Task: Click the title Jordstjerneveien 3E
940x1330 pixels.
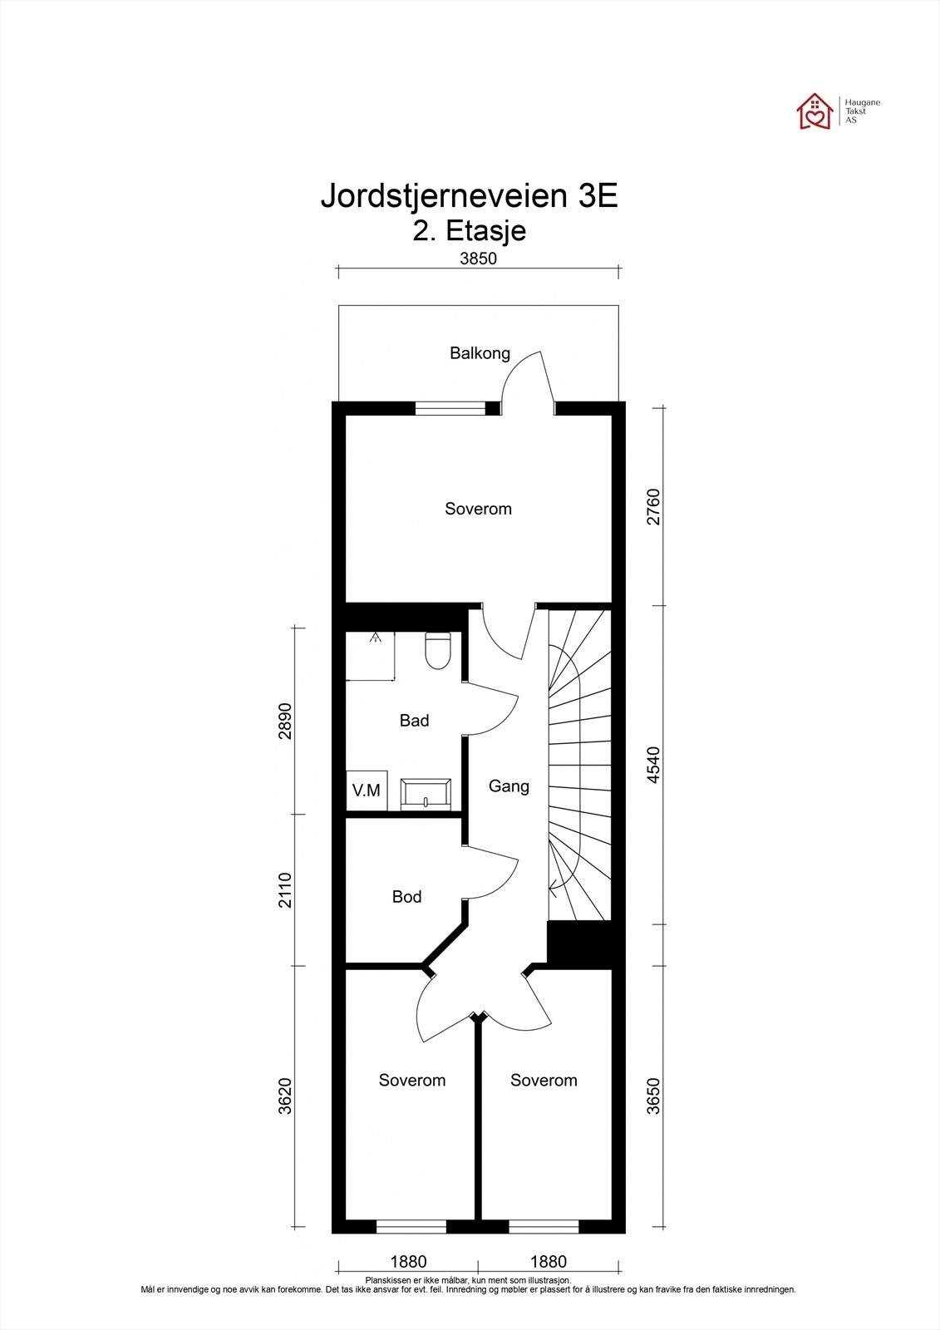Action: point(470,197)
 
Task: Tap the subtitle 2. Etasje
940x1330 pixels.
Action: point(470,230)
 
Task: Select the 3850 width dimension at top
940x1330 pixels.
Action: point(478,259)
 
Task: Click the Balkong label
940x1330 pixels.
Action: point(480,353)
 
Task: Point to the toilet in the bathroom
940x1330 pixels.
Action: point(437,651)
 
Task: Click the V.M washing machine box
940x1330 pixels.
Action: point(366,791)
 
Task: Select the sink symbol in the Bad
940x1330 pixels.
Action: point(426,794)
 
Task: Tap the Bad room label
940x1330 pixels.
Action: point(414,721)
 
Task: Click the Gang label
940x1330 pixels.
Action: point(509,786)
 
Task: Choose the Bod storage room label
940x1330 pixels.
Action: point(406,897)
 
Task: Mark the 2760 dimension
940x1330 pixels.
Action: point(654,506)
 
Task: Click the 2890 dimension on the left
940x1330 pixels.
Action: point(286,721)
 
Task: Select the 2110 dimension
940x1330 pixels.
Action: point(286,889)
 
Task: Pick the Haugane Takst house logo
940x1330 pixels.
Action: point(815,111)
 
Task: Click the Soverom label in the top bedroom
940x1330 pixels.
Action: point(478,509)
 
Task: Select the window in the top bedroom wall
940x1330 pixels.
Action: point(450,407)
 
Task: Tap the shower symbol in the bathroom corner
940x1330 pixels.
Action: point(371,656)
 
